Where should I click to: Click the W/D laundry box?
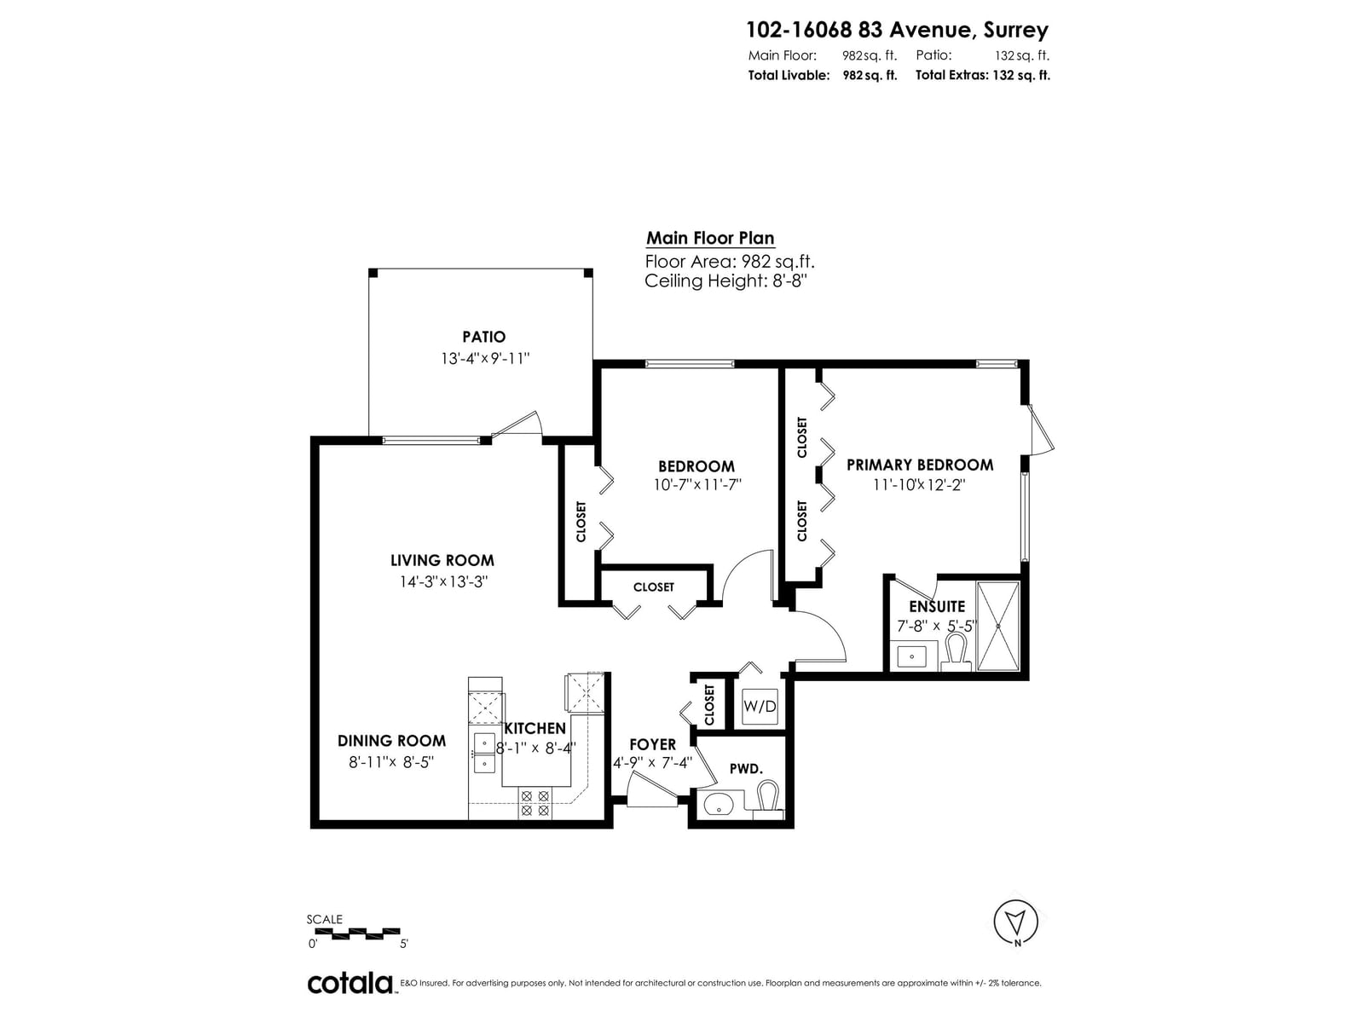point(760,706)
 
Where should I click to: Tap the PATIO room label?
point(483,337)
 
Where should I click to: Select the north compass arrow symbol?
point(1015,922)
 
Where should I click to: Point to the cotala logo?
point(350,983)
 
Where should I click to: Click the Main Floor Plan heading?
point(710,238)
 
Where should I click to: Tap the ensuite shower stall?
point(998,626)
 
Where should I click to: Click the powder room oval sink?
point(719,805)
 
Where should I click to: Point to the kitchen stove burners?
point(535,802)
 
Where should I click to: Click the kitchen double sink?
point(485,753)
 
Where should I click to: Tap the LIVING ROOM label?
point(442,560)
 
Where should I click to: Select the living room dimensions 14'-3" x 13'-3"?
point(443,582)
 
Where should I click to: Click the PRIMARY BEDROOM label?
point(920,465)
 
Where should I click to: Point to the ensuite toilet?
point(956,652)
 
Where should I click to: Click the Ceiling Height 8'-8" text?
point(725,280)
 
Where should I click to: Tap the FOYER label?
point(652,744)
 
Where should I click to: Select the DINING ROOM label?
point(391,740)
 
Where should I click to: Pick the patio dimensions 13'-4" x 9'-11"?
point(485,358)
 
